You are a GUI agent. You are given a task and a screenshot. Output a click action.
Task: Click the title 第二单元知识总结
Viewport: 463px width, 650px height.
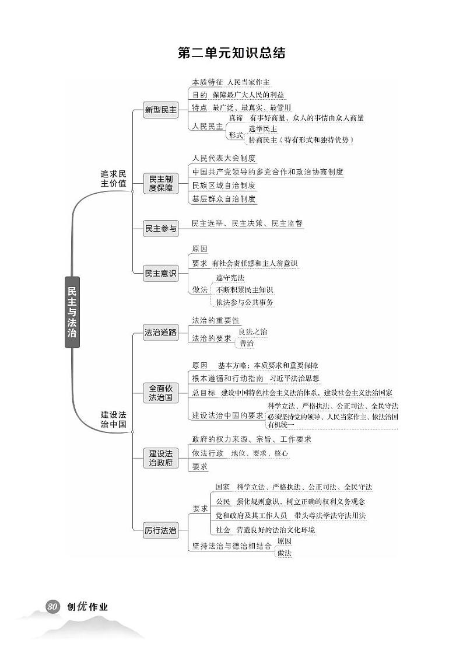(232, 53)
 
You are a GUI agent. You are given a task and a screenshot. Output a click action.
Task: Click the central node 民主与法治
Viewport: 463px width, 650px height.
(72, 312)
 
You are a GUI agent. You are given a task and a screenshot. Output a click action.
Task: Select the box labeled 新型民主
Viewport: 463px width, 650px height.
(161, 109)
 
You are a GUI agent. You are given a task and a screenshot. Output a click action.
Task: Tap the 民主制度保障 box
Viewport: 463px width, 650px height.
(161, 183)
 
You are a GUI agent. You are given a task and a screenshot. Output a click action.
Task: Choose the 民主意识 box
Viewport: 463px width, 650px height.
(161, 273)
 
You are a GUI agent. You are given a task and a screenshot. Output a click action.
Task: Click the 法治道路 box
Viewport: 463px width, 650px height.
(161, 333)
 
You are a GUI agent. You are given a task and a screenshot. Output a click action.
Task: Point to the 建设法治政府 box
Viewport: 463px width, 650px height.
(161, 457)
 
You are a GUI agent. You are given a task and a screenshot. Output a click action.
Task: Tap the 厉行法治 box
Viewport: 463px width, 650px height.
(161, 531)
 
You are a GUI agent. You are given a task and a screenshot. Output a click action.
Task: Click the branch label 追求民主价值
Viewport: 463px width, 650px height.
(113, 179)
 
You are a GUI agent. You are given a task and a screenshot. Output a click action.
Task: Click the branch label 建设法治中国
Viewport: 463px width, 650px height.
(113, 420)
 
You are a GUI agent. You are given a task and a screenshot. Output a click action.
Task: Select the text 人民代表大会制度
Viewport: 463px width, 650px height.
(224, 158)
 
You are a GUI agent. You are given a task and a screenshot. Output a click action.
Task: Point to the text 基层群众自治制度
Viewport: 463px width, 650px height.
(224, 199)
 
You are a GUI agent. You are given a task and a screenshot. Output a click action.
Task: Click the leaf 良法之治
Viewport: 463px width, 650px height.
(253, 331)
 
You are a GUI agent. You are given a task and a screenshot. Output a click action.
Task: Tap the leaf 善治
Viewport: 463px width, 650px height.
(247, 344)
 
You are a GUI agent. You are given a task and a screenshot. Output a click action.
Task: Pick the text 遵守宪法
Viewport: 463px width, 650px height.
(230, 278)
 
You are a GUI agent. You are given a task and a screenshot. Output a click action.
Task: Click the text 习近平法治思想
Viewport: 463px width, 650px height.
(294, 378)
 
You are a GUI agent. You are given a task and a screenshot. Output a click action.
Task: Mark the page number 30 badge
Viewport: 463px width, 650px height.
(52, 606)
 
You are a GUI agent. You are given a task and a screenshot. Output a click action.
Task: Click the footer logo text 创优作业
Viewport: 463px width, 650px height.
(87, 606)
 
